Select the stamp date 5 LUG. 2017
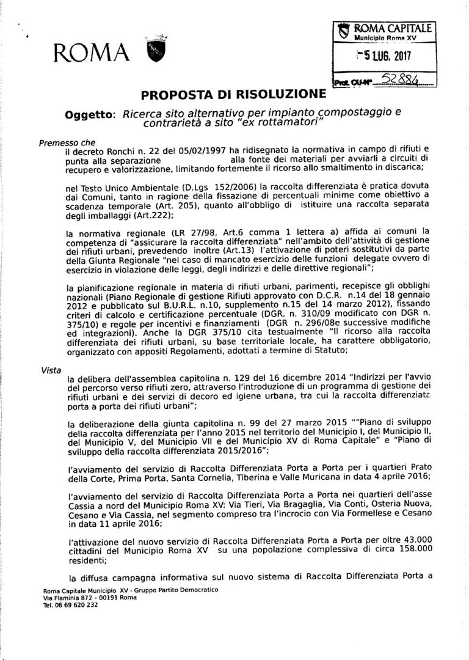pos(385,57)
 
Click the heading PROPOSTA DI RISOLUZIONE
pos(233,95)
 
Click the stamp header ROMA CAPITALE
pos(393,28)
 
